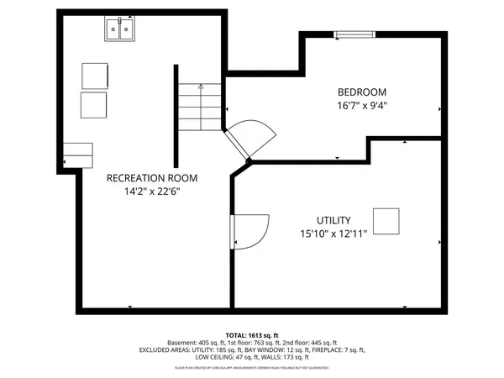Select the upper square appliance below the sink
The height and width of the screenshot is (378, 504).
[x=95, y=75]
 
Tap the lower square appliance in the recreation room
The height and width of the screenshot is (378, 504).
[x=94, y=106]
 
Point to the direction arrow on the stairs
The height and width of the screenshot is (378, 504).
[x=201, y=86]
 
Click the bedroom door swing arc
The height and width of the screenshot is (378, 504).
[x=255, y=136]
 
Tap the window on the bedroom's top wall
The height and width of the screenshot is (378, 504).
[x=344, y=34]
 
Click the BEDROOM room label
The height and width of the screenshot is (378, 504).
[x=361, y=92]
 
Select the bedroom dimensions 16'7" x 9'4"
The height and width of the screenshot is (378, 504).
[x=361, y=106]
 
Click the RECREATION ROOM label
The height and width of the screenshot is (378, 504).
[x=151, y=177]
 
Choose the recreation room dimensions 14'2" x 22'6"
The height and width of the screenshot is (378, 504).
[x=151, y=192]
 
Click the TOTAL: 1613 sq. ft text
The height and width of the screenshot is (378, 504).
[x=251, y=334]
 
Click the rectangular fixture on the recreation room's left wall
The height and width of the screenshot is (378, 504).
[x=79, y=155]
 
